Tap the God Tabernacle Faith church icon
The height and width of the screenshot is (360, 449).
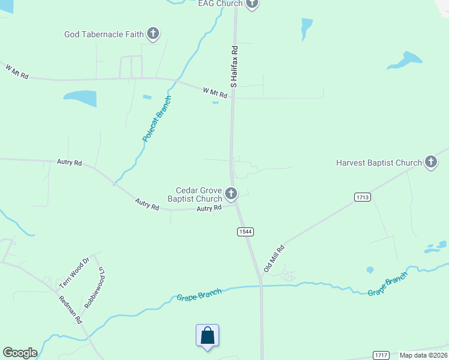(153, 34)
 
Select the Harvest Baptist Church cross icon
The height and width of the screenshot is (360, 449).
(431, 162)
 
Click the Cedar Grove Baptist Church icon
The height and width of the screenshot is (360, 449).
(231, 194)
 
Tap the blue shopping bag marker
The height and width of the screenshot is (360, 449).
(207, 335)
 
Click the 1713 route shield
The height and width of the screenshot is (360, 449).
(362, 197)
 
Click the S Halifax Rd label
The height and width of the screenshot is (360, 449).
(234, 67)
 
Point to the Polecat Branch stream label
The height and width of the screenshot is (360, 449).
(157, 118)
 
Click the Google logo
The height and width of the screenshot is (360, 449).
(20, 353)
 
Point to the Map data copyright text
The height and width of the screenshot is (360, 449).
(424, 355)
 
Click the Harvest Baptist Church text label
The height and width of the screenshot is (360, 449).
(379, 163)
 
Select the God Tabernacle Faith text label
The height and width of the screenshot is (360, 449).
(104, 34)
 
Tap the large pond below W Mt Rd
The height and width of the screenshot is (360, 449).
(80, 98)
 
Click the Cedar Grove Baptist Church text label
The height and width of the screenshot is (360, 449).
(194, 194)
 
